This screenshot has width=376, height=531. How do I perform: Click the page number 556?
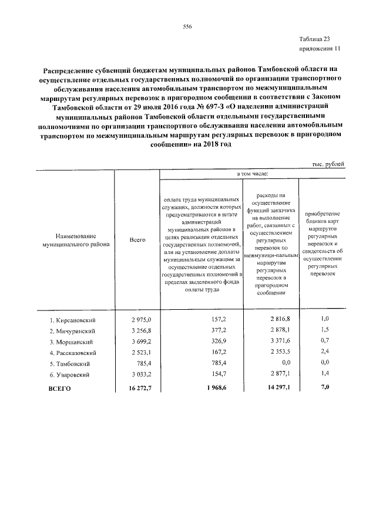click(x=187, y=27)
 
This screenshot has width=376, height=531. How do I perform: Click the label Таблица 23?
click(x=323, y=38)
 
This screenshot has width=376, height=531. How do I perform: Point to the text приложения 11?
click(x=320, y=49)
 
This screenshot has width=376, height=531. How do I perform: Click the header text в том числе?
click(x=252, y=174)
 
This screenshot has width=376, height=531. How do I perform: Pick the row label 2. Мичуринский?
click(x=73, y=331)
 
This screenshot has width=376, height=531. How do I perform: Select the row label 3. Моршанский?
click(x=72, y=342)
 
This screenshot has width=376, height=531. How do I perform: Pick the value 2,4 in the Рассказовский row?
click(x=324, y=353)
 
